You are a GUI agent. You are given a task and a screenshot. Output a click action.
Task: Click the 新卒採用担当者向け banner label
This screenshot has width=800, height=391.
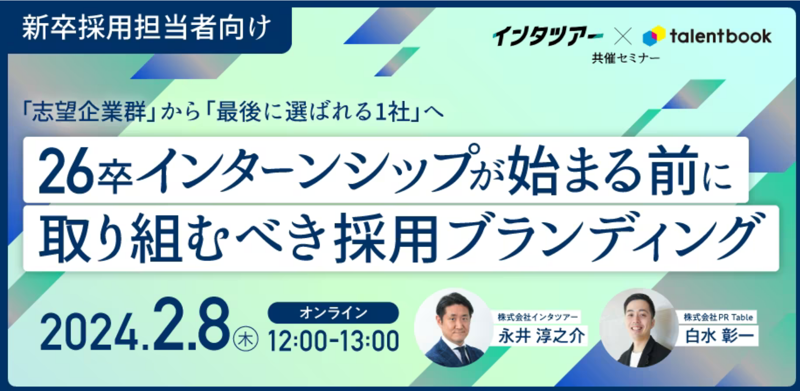pyautogui.click(x=146, y=28)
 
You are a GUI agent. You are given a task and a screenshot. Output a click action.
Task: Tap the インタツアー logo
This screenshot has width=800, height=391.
pyautogui.click(x=548, y=36)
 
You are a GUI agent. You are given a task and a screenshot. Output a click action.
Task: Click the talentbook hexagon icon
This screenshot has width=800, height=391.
pyautogui.click(x=654, y=36)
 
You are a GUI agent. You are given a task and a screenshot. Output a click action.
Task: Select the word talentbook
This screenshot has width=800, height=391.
pyautogui.click(x=721, y=36)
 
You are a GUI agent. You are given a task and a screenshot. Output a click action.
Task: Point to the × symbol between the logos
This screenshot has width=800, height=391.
pyautogui.click(x=623, y=36)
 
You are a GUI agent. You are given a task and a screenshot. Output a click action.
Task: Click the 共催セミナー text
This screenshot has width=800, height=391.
pyautogui.click(x=626, y=58)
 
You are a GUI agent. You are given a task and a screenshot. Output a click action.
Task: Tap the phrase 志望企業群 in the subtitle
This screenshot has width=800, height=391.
pyautogui.click(x=89, y=112)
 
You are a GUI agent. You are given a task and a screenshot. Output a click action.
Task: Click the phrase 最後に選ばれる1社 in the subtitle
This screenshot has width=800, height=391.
pyautogui.click(x=314, y=112)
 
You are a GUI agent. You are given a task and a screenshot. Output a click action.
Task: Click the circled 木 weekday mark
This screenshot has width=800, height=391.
pyautogui.click(x=246, y=340)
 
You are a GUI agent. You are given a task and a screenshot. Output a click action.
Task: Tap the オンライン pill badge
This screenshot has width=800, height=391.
pyautogui.click(x=333, y=313)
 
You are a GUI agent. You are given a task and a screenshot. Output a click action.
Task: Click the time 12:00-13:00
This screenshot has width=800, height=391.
pyautogui.click(x=333, y=341)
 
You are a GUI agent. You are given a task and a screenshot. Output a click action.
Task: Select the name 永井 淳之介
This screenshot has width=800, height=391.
pyautogui.click(x=541, y=336)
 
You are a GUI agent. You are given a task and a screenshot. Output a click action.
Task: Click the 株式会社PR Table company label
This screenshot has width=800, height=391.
pyautogui.click(x=718, y=317)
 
